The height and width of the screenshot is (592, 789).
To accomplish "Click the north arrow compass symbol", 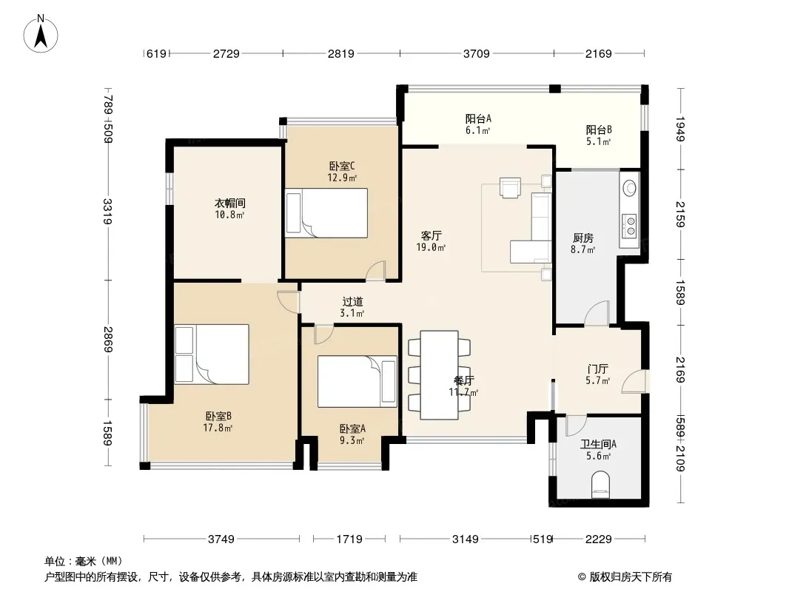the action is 41,34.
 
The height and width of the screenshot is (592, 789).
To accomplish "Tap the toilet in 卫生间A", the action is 600,485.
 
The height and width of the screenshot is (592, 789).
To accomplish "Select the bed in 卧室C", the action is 326,213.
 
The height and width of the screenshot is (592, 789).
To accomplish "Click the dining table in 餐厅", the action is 440,374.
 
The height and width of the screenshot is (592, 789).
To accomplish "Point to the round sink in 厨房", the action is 629,188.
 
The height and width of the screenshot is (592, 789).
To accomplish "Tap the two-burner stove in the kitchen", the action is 629,226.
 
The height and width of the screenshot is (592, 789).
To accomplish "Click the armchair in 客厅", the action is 510,188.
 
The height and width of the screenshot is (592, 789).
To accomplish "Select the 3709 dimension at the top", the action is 476,53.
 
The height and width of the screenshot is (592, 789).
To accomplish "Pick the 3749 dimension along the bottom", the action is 221,539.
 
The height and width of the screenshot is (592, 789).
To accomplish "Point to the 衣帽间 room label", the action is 230,203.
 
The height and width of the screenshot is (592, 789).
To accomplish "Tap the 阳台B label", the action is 599,129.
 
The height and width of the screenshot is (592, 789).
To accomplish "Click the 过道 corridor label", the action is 353,302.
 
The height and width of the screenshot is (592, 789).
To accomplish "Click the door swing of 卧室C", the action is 375,270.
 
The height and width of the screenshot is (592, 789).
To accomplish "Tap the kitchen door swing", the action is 597,313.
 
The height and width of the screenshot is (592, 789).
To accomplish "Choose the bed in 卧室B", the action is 212,354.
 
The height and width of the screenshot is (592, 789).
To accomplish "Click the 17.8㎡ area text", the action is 218,428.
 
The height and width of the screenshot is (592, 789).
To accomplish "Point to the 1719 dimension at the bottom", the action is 349,539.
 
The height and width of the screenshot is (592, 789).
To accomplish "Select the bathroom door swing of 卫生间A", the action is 576,425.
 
